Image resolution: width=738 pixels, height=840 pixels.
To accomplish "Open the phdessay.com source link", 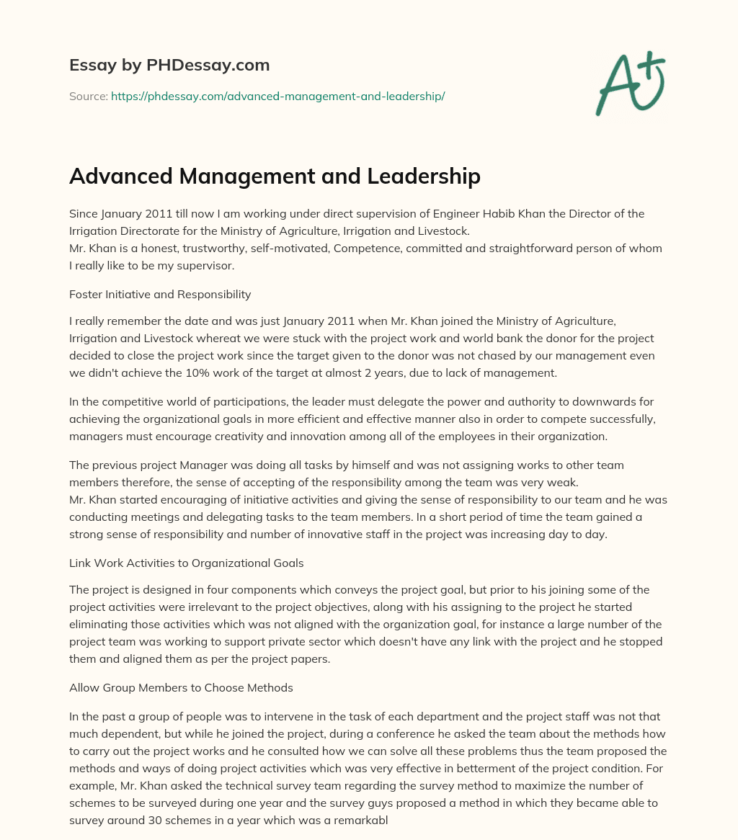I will (x=277, y=96).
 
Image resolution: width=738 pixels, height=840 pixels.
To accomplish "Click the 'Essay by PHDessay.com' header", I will (x=169, y=65).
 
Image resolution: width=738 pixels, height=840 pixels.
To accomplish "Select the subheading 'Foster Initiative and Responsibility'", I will (x=160, y=294).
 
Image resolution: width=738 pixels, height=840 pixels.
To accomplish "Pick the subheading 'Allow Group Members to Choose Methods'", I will (x=181, y=687).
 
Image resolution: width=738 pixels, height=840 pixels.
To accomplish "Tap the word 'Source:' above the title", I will (x=88, y=96).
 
